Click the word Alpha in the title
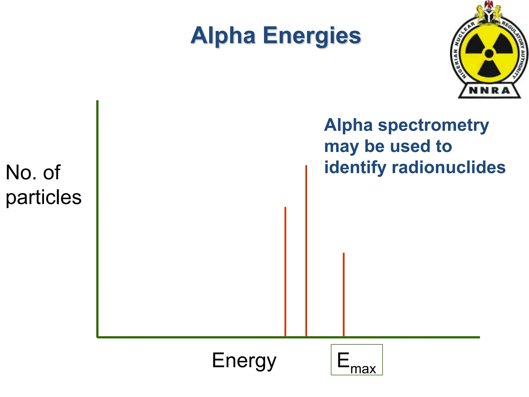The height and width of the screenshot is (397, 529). [223, 36]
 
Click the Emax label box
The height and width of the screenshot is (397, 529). [356, 360]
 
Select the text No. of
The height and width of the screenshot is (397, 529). [33, 172]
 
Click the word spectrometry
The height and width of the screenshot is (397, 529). [433, 125]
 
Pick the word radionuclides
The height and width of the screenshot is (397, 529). [448, 167]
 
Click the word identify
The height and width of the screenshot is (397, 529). [355, 167]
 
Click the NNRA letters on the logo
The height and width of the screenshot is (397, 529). [489, 90]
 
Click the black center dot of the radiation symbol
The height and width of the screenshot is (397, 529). [489, 54]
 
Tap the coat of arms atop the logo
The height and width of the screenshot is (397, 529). [489, 12]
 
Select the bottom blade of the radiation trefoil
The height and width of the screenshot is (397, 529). [489, 68]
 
